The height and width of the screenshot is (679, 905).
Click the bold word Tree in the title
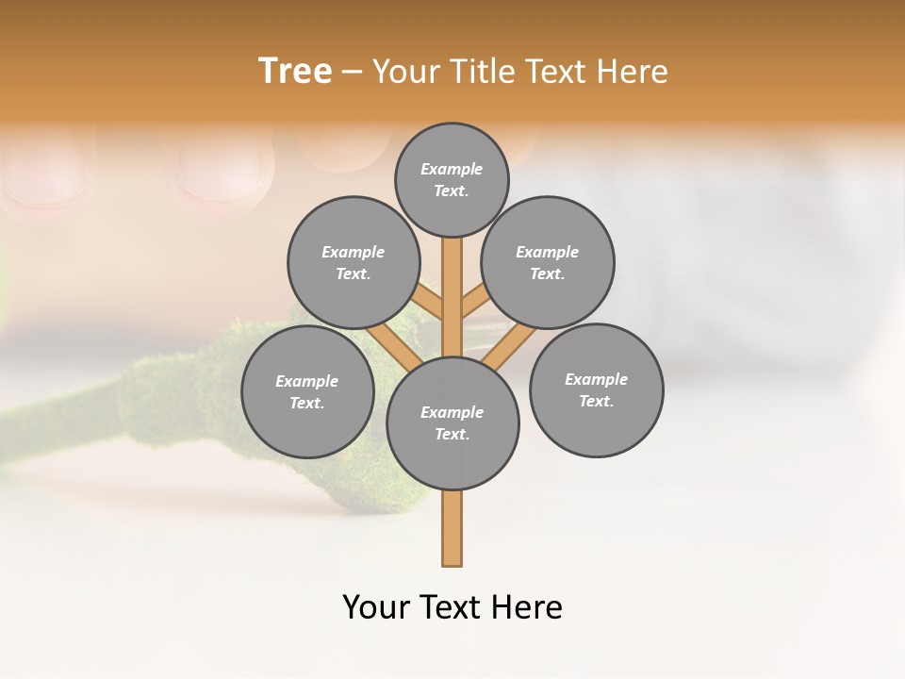pyautogui.click(x=295, y=72)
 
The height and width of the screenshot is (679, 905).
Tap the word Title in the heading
pyautogui.click(x=484, y=72)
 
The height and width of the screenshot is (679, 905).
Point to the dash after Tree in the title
pyautogui.click(x=352, y=73)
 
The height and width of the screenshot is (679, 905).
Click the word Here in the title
pyautogui.click(x=631, y=72)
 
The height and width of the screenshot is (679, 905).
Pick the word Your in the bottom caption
pyautogui.click(x=376, y=607)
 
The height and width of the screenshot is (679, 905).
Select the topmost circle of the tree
pyautogui.click(x=452, y=179)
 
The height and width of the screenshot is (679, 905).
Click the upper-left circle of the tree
pyautogui.click(x=354, y=262)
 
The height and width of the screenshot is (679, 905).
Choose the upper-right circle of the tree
pyautogui.click(x=548, y=262)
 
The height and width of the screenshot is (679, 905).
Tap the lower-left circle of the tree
pyautogui.click(x=307, y=391)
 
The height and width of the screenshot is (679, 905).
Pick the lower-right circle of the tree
pyautogui.click(x=596, y=389)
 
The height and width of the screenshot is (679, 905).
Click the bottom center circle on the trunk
pyautogui.click(x=452, y=423)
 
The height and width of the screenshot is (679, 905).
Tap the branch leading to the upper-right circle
pyautogui.click(x=472, y=302)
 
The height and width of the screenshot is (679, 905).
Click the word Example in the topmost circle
pyautogui.click(x=452, y=169)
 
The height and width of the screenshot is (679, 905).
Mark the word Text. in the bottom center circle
pyautogui.click(x=452, y=434)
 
